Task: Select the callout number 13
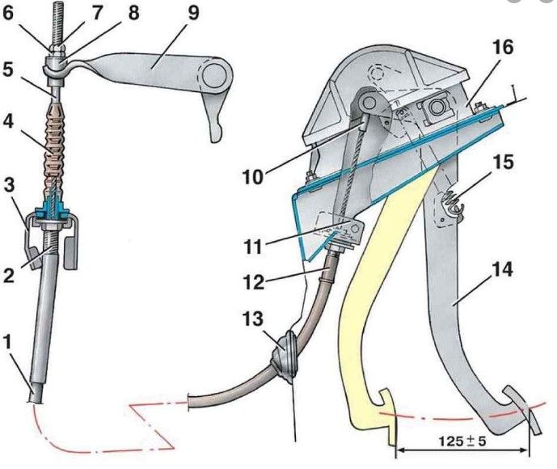coord(252,319)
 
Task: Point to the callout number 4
coord(8,122)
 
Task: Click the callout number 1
coord(8,343)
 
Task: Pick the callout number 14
coord(502,269)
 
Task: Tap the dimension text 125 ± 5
coord(462,442)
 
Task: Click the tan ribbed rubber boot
coord(55,147)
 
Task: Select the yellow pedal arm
coord(377,302)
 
